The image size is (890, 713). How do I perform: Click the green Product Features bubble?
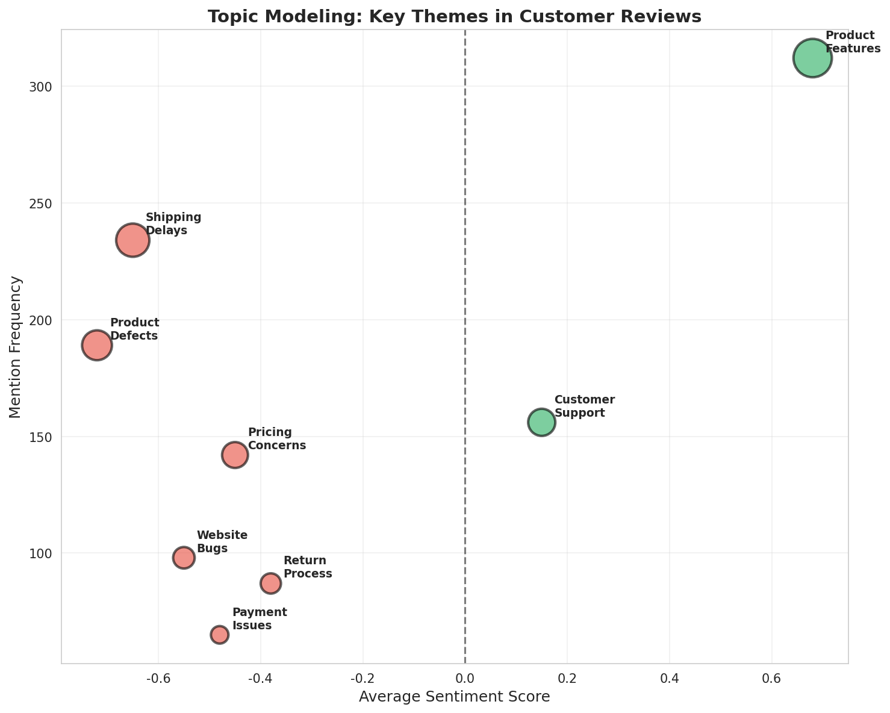pyautogui.click(x=812, y=58)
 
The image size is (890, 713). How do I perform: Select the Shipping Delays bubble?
pyautogui.click(x=132, y=240)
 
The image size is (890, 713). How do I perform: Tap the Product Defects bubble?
pyautogui.click(x=97, y=345)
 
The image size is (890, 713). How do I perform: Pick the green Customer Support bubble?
pyautogui.click(x=541, y=422)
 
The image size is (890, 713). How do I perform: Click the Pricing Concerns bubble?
pyautogui.click(x=235, y=455)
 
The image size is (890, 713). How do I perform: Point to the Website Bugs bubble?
pyautogui.click(x=184, y=557)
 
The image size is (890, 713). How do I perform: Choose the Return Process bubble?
pyautogui.click(x=270, y=583)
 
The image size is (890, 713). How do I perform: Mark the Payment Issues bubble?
pyautogui.click(x=219, y=634)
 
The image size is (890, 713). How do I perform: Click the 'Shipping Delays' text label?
pyautogui.click(x=173, y=224)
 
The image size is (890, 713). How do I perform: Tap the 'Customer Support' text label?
pyautogui.click(x=584, y=406)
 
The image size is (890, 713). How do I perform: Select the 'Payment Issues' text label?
pyautogui.click(x=260, y=619)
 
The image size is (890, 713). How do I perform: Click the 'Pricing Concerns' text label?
pyautogui.click(x=277, y=439)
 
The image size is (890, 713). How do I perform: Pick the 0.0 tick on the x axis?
pyautogui.click(x=465, y=679)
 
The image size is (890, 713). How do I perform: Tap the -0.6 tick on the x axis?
pyautogui.click(x=158, y=679)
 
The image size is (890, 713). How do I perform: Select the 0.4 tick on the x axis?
pyautogui.click(x=669, y=679)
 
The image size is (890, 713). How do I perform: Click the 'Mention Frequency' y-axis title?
pyautogui.click(x=16, y=347)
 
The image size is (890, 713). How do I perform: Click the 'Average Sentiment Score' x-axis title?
pyautogui.click(x=455, y=697)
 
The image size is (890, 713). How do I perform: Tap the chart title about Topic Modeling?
pyautogui.click(x=455, y=16)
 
